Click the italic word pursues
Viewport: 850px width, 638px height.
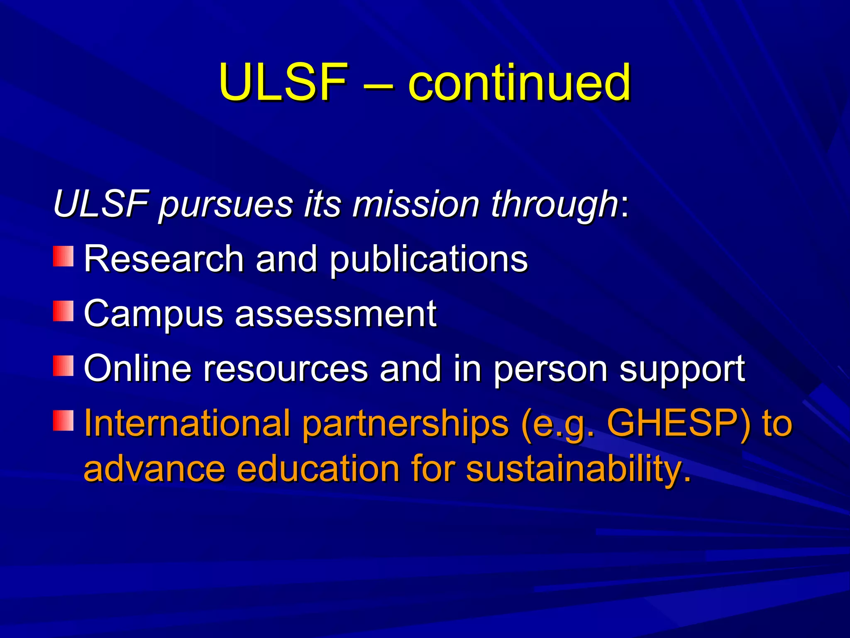[226, 205]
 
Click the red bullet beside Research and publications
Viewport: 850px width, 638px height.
[63, 256]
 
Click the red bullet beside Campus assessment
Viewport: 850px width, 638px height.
[63, 311]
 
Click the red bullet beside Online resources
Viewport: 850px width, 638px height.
[63, 366]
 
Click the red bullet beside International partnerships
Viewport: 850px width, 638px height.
[63, 420]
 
